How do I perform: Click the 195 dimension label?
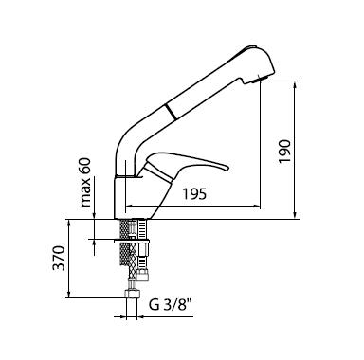point(194,194)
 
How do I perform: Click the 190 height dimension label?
point(284,151)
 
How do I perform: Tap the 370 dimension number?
point(59,258)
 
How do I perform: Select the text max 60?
point(85,182)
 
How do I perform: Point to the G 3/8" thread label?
point(171,305)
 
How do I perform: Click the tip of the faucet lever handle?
point(227,168)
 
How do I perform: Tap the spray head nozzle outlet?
point(260,79)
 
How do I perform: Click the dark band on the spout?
point(171,112)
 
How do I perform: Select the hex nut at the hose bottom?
point(132,293)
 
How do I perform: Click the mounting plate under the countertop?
point(132,242)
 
